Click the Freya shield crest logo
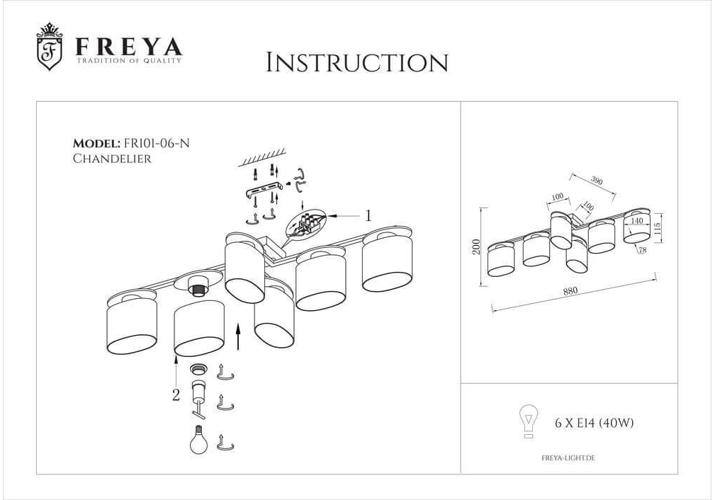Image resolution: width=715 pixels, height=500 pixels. (x=49, y=47)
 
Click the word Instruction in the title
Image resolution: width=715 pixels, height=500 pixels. (x=357, y=63)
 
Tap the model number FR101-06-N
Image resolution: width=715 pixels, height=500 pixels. (x=157, y=143)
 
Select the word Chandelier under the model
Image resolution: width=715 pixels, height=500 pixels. (x=112, y=159)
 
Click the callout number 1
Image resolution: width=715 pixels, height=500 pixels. (x=368, y=215)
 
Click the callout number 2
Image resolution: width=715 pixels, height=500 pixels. (x=176, y=395)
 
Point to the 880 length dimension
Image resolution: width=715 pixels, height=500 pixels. (x=570, y=290)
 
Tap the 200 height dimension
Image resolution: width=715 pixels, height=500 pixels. (x=476, y=246)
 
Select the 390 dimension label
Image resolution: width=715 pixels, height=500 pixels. (x=597, y=181)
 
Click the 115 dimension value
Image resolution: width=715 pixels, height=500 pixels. (x=657, y=227)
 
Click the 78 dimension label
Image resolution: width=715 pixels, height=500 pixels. (x=643, y=250)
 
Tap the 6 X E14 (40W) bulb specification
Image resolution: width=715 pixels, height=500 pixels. (x=594, y=423)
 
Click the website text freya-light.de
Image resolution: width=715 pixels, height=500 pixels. (x=568, y=458)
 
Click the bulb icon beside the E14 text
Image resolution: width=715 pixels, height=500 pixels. (x=529, y=421)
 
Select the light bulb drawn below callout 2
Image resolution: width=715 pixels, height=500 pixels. (x=199, y=439)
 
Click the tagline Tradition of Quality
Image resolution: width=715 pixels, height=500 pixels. (x=128, y=60)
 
